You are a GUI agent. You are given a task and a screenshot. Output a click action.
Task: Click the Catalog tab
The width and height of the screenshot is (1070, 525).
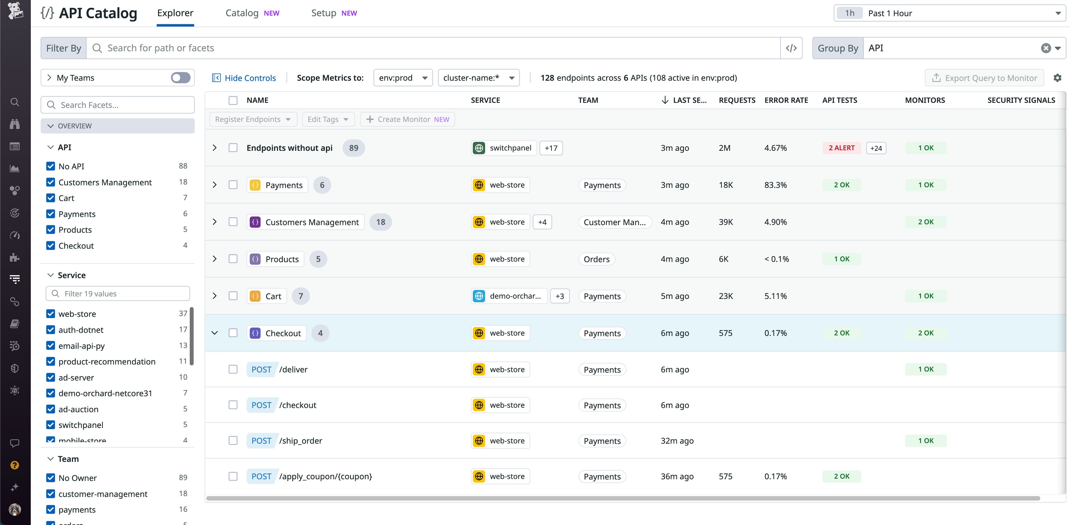pyautogui.click(x=242, y=13)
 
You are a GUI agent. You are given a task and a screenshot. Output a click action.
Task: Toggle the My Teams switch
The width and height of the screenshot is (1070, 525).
pyautogui.click(x=181, y=78)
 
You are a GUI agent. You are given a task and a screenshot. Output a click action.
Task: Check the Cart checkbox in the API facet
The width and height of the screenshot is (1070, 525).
pyautogui.click(x=51, y=198)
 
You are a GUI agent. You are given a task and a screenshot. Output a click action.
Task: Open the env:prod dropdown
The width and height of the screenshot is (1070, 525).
pyautogui.click(x=403, y=78)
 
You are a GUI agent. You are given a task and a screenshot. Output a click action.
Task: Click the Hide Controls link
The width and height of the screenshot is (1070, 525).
pyautogui.click(x=244, y=78)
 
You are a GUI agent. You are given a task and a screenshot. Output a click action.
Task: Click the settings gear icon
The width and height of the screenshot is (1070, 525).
pyautogui.click(x=1057, y=78)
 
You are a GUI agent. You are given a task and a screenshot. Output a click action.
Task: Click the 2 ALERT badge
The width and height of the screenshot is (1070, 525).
pyautogui.click(x=841, y=148)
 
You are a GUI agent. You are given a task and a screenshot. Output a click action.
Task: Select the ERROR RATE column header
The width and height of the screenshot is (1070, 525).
pyautogui.click(x=786, y=100)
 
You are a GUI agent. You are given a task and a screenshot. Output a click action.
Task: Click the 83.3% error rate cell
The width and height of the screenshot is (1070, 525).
pyautogui.click(x=775, y=185)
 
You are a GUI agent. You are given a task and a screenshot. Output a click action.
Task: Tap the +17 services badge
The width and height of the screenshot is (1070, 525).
pyautogui.click(x=551, y=148)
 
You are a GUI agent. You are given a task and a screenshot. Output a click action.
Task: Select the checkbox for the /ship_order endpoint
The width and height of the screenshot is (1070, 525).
pyautogui.click(x=233, y=440)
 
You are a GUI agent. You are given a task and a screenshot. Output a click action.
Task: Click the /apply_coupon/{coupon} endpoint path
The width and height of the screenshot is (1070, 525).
pyautogui.click(x=325, y=476)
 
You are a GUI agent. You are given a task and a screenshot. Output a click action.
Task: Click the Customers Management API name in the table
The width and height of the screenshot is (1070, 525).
pyautogui.click(x=311, y=222)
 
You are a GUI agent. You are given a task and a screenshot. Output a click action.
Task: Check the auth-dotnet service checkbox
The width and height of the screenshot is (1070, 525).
pyautogui.click(x=51, y=329)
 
